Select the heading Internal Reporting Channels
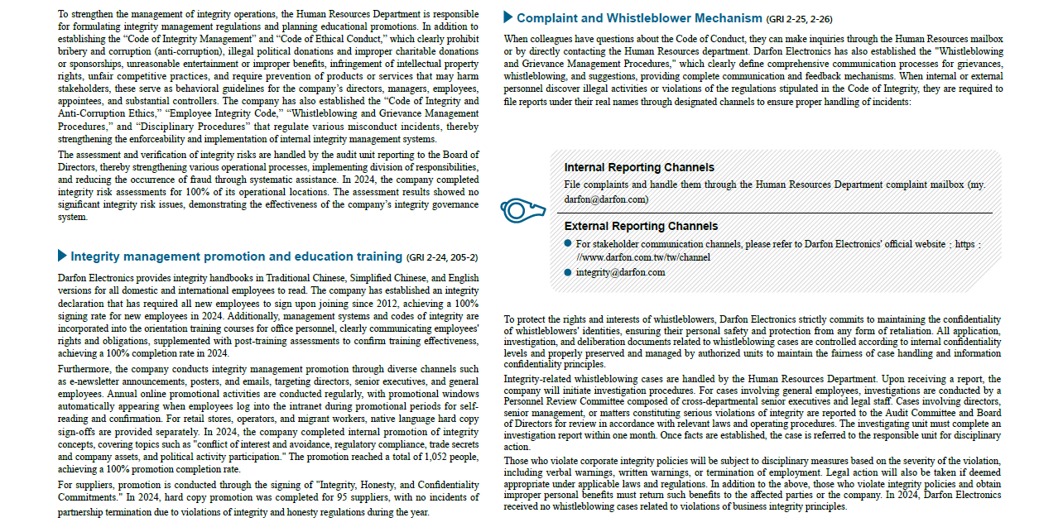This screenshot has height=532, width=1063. tap(638, 168)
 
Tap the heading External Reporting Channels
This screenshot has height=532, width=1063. tap(641, 226)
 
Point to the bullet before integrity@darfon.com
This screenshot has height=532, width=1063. tap(568, 272)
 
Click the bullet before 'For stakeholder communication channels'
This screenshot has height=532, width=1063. tap(568, 244)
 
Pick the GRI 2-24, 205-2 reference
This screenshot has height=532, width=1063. tap(442, 257)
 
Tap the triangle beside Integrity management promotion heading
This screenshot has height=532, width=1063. tap(62, 256)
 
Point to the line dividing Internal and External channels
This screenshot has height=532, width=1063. tap(778, 213)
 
